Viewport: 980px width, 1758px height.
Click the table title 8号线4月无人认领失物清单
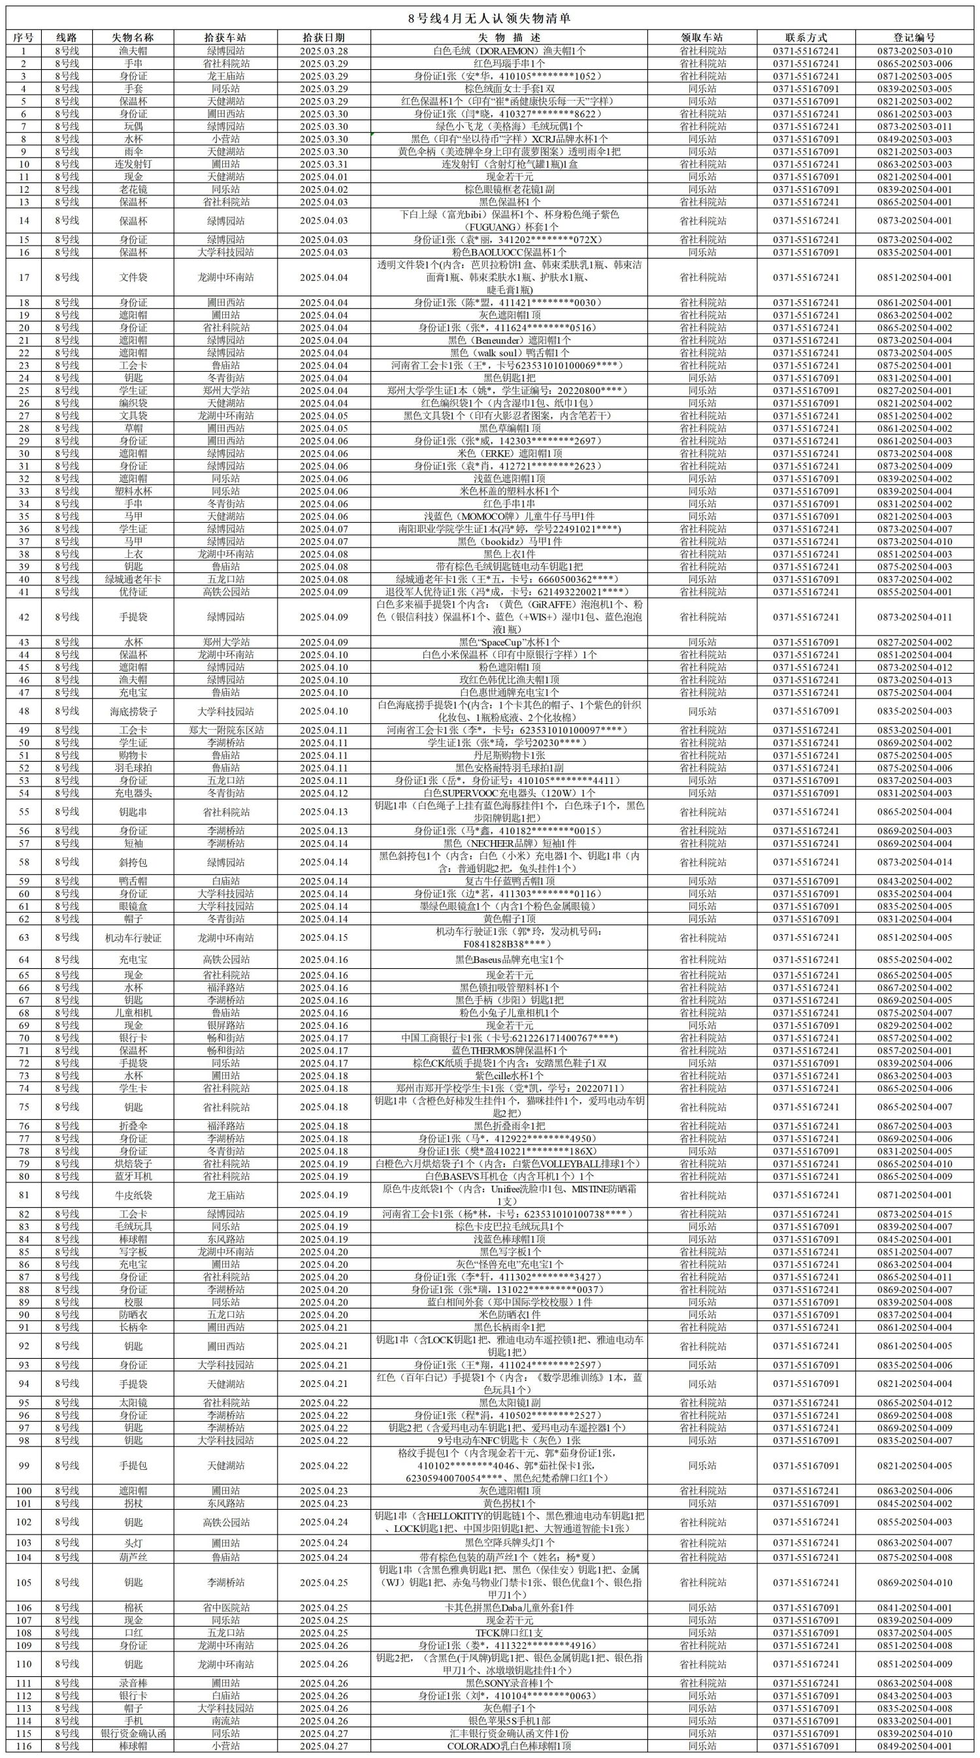(489, 18)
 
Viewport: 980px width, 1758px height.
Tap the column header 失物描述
(508, 37)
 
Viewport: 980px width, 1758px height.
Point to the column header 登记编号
(914, 37)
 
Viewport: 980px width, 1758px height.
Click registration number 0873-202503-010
(914, 50)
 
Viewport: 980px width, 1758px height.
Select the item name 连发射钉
(133, 164)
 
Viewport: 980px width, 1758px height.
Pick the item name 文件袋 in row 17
(133, 277)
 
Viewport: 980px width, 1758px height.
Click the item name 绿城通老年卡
(133, 579)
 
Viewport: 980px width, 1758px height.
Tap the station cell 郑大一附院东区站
(226, 730)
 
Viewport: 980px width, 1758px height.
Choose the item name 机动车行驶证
(133, 937)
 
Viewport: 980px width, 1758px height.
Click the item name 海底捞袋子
(133, 710)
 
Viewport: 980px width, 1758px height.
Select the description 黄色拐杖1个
(508, 1503)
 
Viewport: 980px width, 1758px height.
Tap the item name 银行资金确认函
(133, 1733)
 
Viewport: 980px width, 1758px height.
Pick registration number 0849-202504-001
(914, 1746)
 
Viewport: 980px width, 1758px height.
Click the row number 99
(25, 1465)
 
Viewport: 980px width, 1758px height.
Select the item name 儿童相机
(133, 1013)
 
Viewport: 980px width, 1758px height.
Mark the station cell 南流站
(226, 1721)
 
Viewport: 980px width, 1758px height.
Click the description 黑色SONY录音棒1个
(508, 1683)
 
